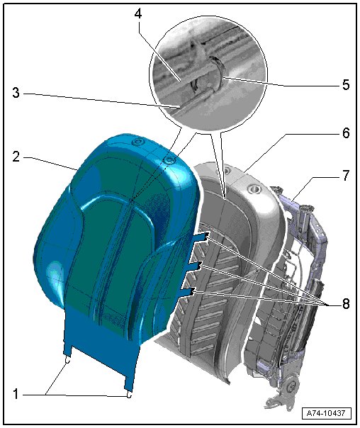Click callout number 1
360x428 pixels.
point(16,395)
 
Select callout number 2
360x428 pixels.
point(16,157)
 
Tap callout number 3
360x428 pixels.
point(16,93)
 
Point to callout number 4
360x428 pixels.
point(138,13)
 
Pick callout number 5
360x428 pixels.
point(346,85)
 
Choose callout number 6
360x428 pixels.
point(346,133)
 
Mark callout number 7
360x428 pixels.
point(346,175)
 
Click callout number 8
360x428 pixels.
point(346,303)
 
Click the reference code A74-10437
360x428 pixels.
point(326,413)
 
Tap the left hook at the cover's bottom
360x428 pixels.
point(67,361)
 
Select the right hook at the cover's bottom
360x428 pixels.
point(129,395)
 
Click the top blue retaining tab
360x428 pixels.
point(202,236)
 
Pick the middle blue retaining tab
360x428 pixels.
point(195,266)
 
